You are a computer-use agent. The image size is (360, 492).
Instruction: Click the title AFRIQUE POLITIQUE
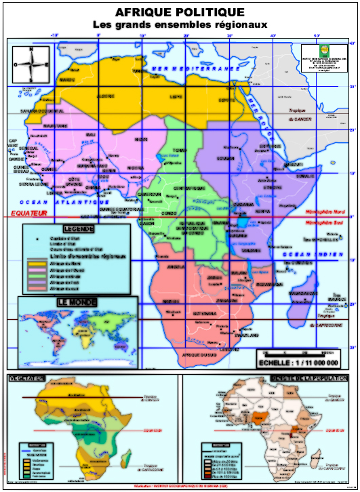(x=180, y=12)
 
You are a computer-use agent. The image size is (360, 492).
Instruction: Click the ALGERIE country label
(x=106, y=96)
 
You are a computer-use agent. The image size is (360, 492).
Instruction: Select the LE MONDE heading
(x=76, y=302)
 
